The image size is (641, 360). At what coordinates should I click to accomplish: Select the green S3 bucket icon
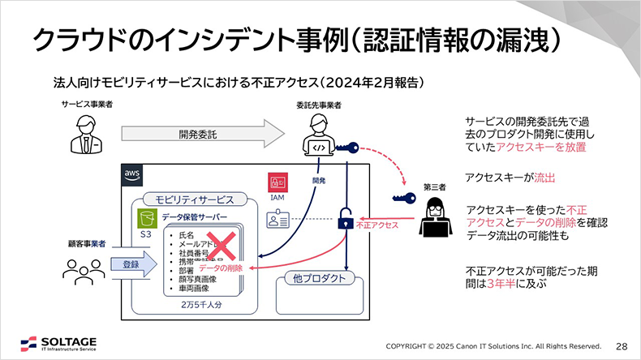click(146, 218)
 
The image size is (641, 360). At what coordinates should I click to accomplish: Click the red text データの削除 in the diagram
click(221, 268)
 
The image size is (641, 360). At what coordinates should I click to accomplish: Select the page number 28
click(622, 343)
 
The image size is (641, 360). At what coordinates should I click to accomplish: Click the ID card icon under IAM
click(276, 218)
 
